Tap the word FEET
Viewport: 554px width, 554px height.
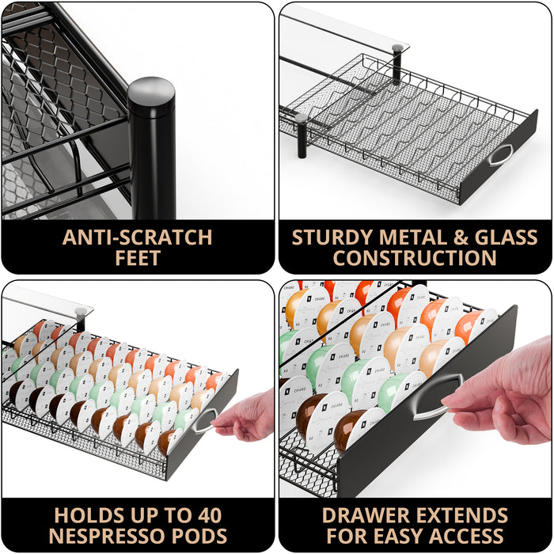click(x=138, y=258)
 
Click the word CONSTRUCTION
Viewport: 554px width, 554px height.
click(x=415, y=258)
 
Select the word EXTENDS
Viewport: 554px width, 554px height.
click(x=464, y=515)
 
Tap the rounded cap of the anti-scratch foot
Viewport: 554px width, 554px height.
click(x=151, y=92)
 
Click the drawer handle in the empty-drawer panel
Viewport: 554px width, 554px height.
click(x=500, y=156)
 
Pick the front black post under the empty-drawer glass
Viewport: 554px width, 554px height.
click(x=302, y=135)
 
